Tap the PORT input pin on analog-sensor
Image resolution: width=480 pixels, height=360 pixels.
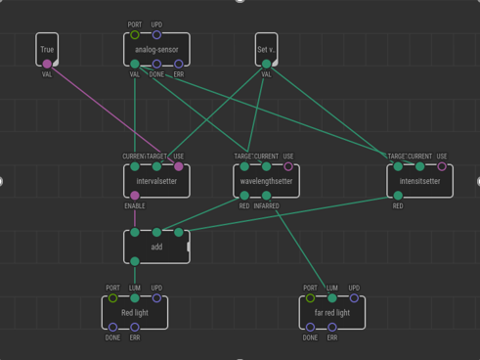[135, 35]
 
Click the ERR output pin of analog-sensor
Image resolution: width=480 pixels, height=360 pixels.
[179, 65]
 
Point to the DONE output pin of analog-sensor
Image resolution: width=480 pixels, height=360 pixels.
[156, 65]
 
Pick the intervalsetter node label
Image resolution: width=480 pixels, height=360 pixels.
[156, 181]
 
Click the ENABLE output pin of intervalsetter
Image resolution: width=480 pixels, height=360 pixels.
[135, 196]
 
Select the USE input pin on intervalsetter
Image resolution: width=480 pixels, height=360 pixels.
[179, 166]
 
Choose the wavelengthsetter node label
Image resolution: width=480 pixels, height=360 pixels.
[266, 181]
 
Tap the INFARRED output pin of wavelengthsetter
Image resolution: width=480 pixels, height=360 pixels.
[266, 196]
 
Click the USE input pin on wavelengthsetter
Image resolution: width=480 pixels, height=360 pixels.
[288, 166]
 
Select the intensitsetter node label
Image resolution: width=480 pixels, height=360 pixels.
[419, 181]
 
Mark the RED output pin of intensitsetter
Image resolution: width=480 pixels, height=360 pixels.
[398, 196]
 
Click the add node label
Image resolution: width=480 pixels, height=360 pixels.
[156, 247]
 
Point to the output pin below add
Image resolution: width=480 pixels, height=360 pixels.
[135, 261]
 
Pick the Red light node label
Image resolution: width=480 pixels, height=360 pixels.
[135, 313]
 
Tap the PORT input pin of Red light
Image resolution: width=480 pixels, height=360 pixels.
[113, 298]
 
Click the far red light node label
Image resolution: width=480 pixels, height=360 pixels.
[332, 313]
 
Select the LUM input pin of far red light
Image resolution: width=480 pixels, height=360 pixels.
[332, 298]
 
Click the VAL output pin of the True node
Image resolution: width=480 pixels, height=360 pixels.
[47, 65]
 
